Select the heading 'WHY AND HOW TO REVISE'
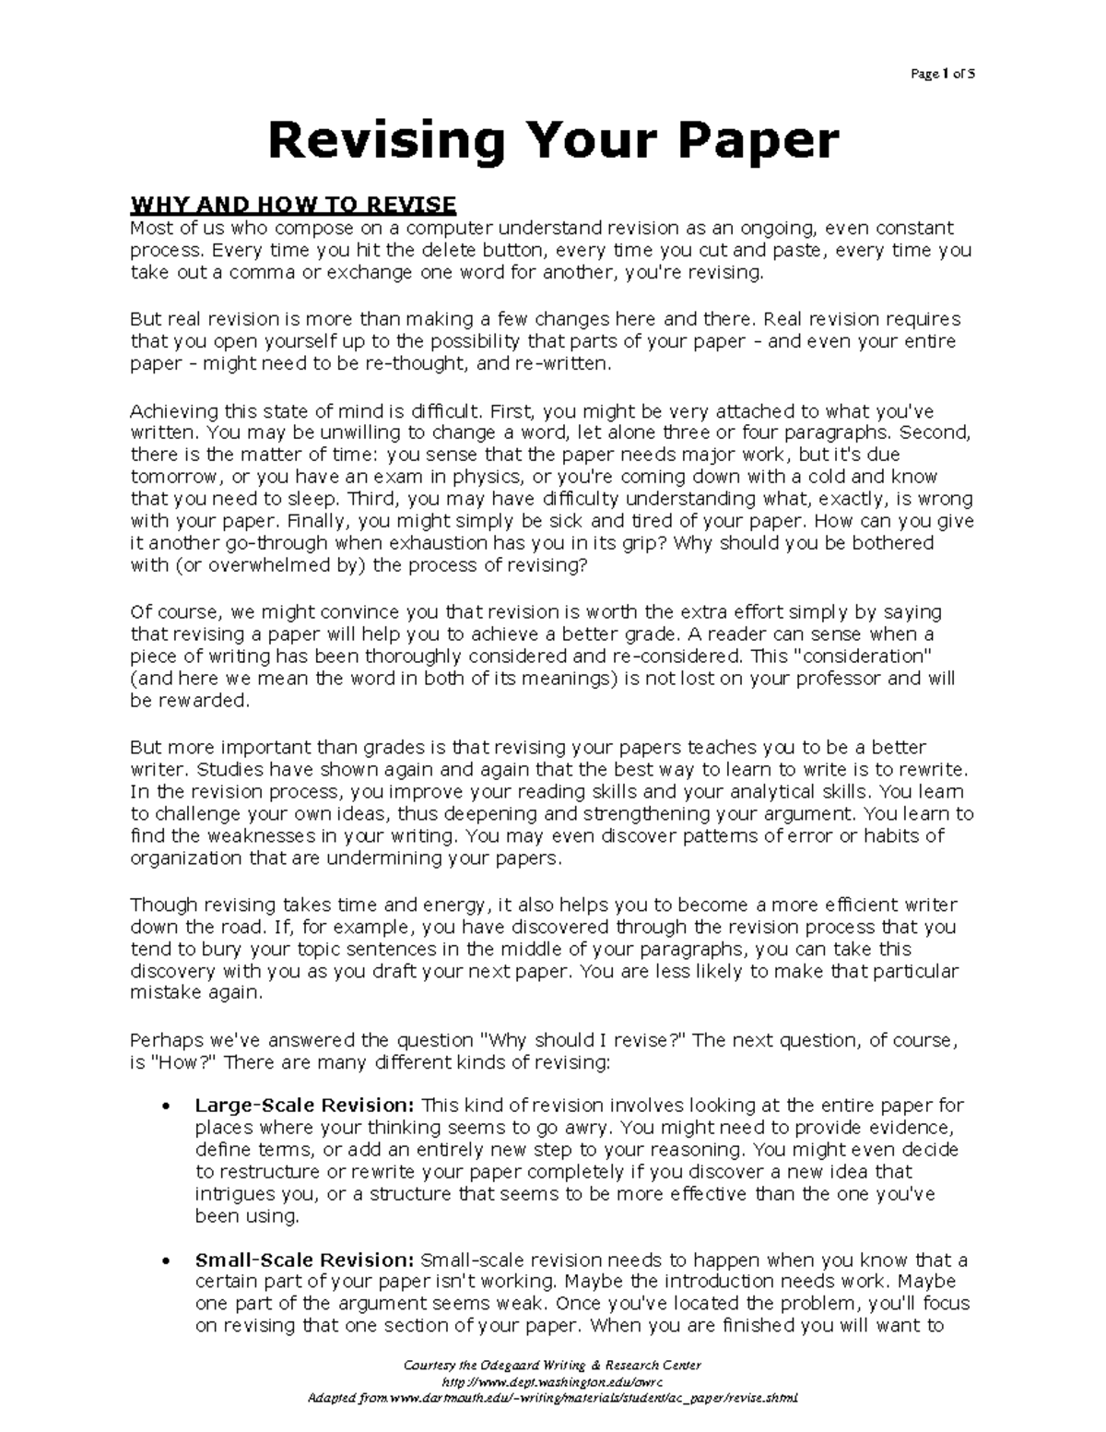point(293,205)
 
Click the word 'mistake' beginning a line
point(164,994)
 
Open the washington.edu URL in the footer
point(552,1383)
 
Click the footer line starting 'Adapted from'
point(552,1398)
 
